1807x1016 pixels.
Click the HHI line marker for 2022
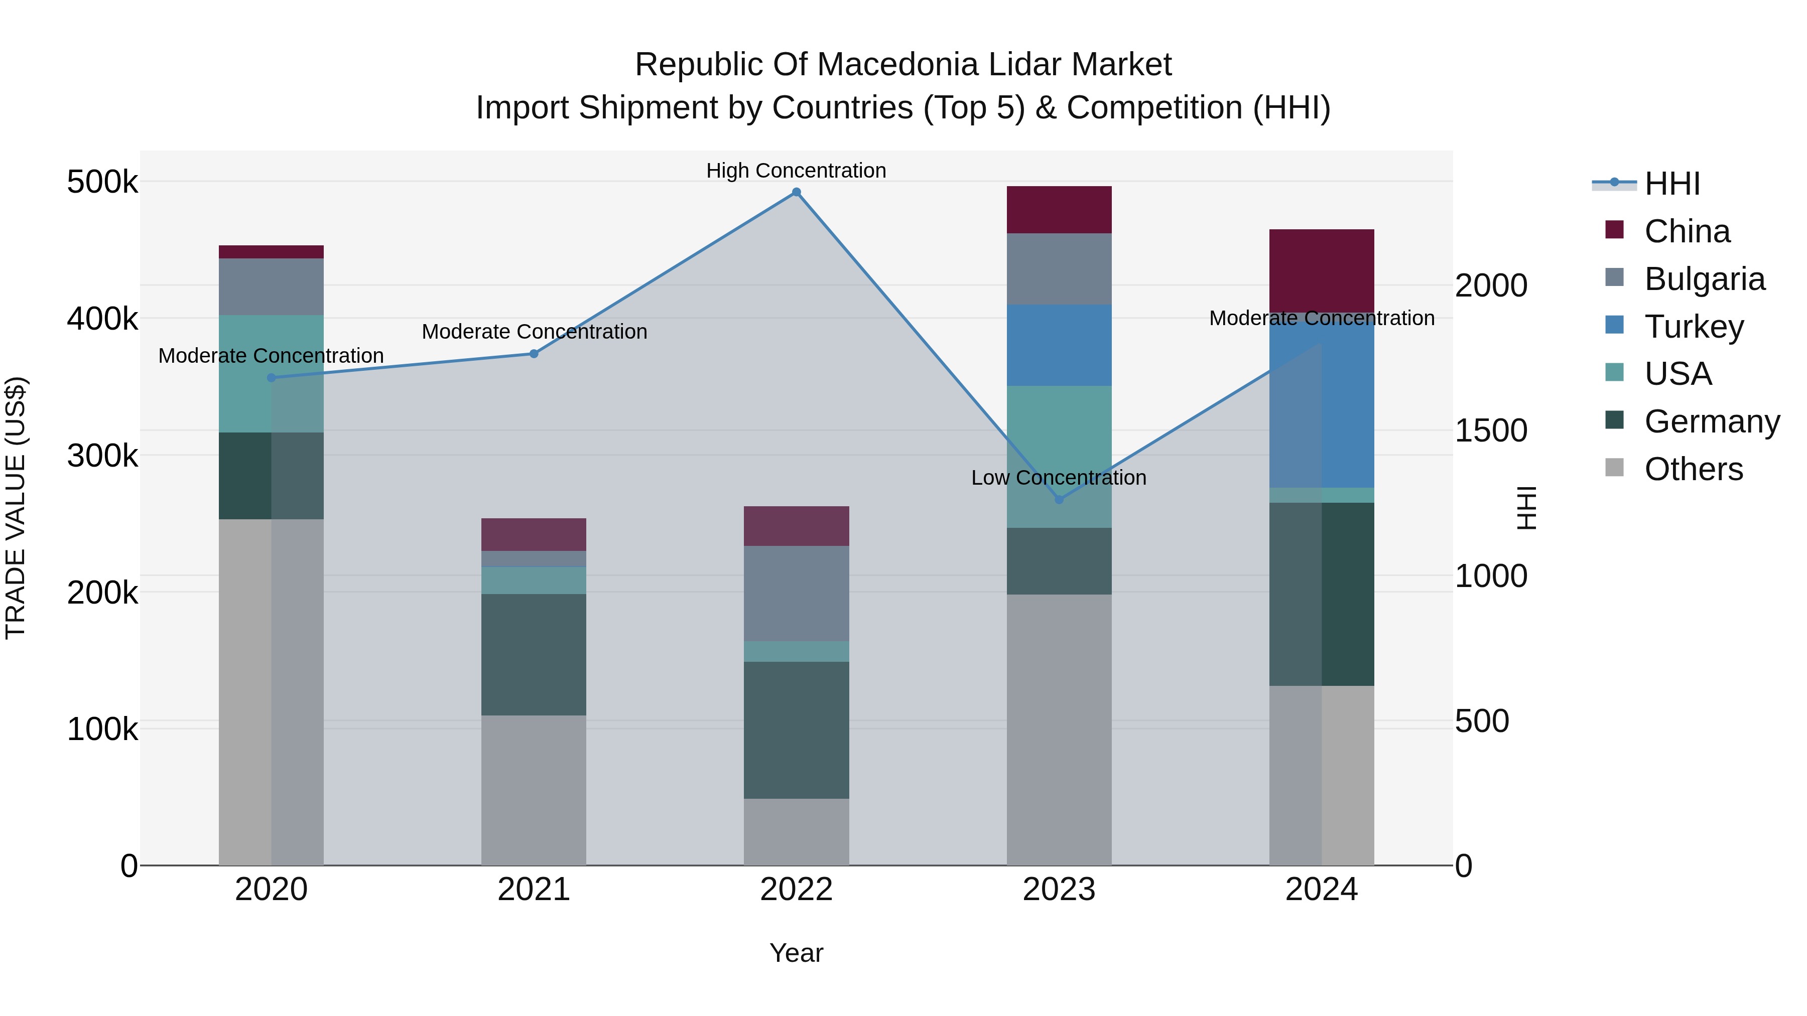click(796, 192)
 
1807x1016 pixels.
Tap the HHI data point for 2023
click(1059, 500)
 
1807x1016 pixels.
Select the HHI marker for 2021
click(534, 354)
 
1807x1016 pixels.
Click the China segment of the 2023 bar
click(1059, 210)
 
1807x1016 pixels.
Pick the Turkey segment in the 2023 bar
click(1059, 345)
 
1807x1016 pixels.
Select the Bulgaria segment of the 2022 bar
click(796, 593)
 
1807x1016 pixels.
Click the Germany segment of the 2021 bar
click(534, 654)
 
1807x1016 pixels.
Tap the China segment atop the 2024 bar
click(1322, 270)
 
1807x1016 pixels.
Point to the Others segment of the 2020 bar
click(272, 691)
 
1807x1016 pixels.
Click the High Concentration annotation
click(796, 171)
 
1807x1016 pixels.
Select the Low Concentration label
click(1059, 478)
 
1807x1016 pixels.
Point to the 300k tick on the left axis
click(102, 456)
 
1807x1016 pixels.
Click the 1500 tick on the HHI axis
click(1491, 430)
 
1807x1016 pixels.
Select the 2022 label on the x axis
click(796, 890)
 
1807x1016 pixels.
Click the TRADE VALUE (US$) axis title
click(16, 508)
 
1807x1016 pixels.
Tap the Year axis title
click(796, 953)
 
